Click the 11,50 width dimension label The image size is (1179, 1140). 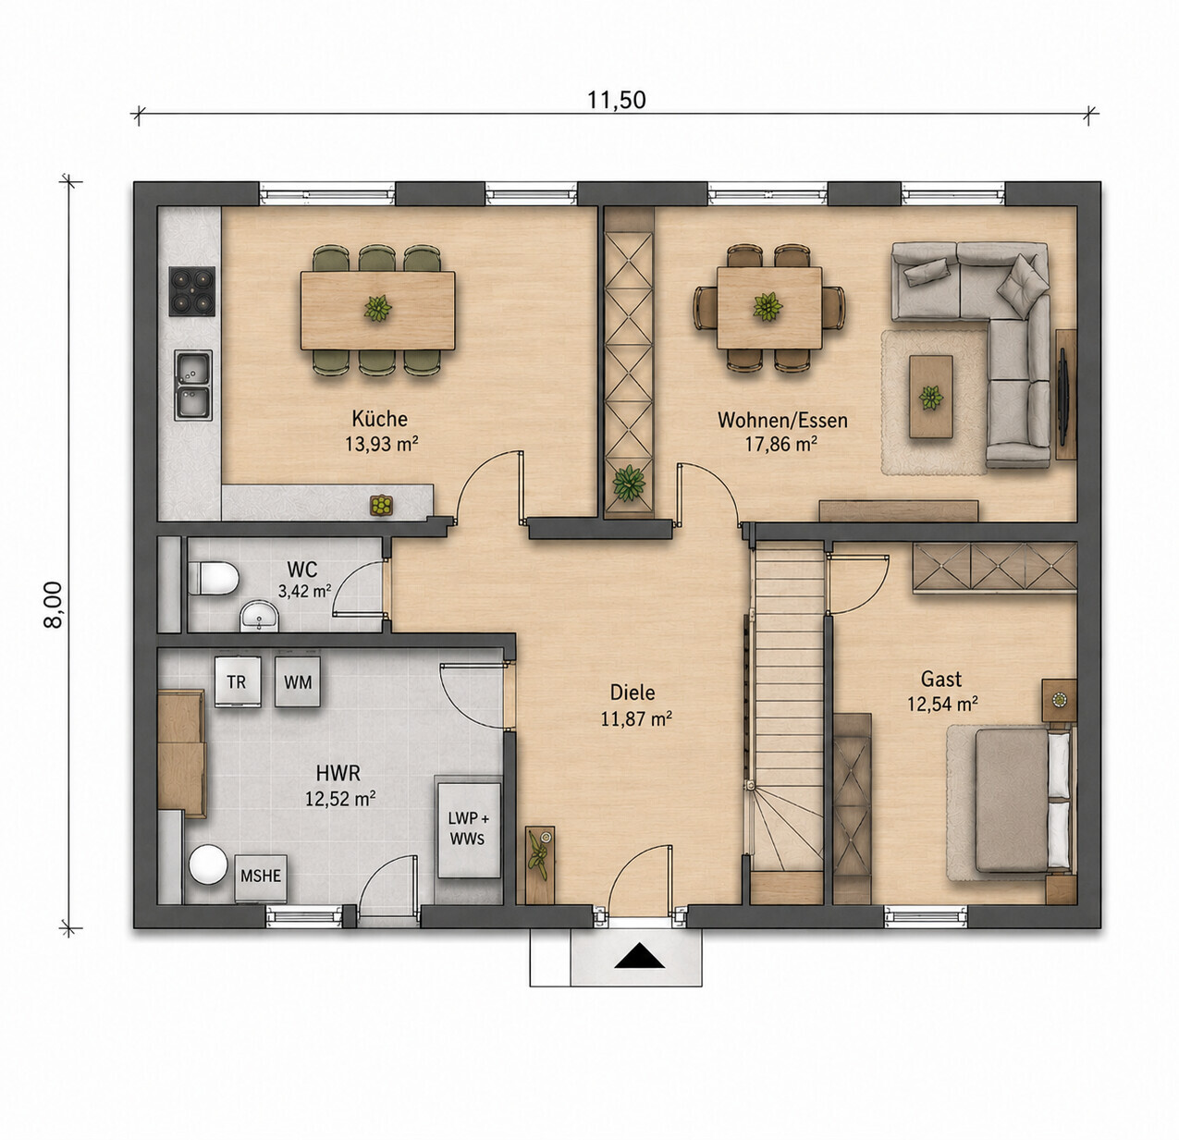pos(616,99)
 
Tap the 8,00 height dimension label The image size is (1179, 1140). pos(54,604)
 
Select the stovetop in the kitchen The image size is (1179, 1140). pos(192,291)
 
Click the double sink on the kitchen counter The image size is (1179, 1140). pos(193,385)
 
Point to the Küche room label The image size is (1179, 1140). pos(379,419)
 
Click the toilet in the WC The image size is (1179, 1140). pos(213,579)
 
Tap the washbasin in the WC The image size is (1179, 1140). pos(259,618)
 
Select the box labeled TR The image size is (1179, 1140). pos(238,682)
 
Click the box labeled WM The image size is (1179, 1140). pos(298,682)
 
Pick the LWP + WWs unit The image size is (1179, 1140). pos(469,829)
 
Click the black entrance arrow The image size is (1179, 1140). pos(640,957)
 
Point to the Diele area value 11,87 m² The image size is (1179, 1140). pos(635,719)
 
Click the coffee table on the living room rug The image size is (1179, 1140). pos(930,396)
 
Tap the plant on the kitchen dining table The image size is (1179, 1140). pos(377,308)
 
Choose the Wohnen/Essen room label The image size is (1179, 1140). pos(783,420)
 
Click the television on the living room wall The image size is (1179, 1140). pos(1062,395)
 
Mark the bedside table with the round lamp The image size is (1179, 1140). pos(1059,700)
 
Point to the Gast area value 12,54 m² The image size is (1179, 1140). pos(942,704)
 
